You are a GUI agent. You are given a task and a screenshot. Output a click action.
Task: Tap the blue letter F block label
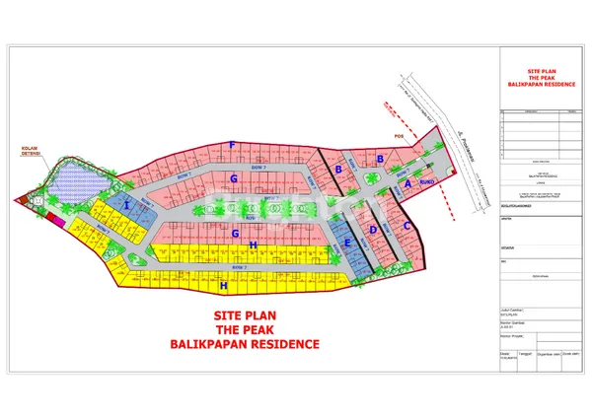click(232, 145)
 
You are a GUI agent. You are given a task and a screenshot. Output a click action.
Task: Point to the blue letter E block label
click(346, 243)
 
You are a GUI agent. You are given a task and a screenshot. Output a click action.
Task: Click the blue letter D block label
click(372, 230)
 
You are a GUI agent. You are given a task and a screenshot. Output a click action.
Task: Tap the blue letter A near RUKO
click(407, 183)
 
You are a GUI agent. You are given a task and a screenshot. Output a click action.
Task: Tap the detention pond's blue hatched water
click(73, 180)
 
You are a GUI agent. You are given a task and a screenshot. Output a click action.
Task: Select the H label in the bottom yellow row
click(225, 285)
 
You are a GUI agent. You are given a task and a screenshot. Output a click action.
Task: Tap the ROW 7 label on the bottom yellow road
click(237, 267)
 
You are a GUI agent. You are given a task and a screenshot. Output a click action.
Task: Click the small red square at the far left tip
click(18, 200)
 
